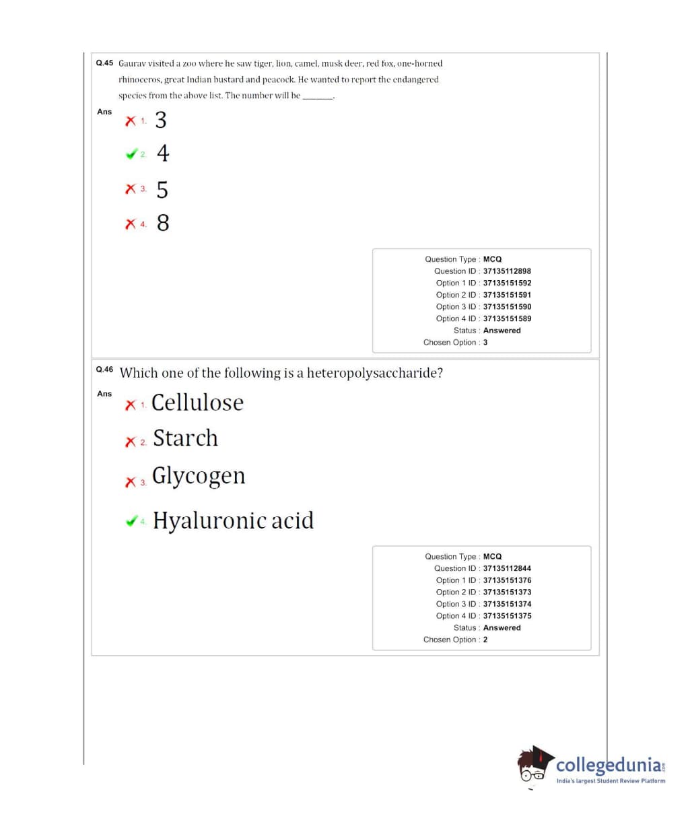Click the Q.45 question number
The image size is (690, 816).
tap(104, 63)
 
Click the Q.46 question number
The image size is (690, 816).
tap(104, 370)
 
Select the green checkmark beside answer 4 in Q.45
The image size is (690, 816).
tap(131, 154)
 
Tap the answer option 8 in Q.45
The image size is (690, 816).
tap(163, 223)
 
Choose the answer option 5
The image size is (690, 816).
tap(162, 190)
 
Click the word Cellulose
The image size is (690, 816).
tap(197, 403)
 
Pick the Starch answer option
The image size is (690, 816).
tap(185, 438)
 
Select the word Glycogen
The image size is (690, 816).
tap(199, 476)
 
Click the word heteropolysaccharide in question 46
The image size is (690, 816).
tap(370, 373)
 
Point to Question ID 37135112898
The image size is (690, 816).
tap(507, 271)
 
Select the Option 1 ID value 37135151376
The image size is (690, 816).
tap(507, 580)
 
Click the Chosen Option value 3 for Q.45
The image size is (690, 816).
tap(485, 343)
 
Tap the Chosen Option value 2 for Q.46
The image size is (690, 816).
tap(485, 640)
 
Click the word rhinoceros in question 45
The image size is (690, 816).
tap(139, 79)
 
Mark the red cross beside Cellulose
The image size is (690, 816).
tap(130, 405)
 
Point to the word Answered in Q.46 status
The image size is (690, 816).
tap(502, 627)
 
